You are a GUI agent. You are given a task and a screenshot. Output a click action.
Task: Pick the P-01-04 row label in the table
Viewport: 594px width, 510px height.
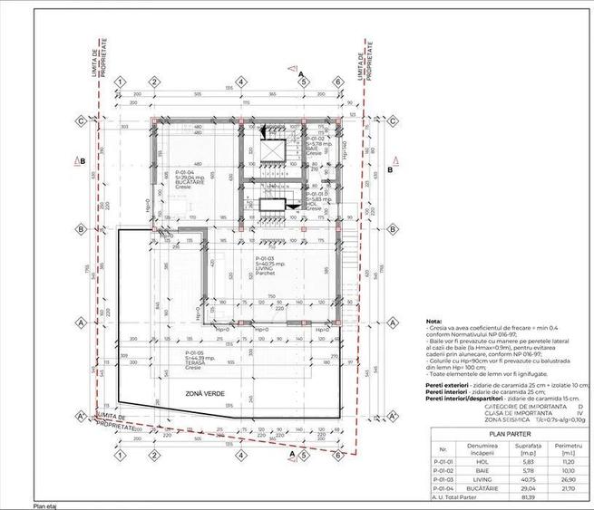click(x=442, y=489)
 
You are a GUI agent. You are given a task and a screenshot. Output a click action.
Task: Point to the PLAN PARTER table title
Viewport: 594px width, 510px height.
click(x=508, y=433)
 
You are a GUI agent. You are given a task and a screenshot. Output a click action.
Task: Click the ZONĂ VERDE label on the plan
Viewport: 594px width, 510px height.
click(x=202, y=392)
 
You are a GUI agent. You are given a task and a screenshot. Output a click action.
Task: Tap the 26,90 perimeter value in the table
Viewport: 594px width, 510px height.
click(x=570, y=479)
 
